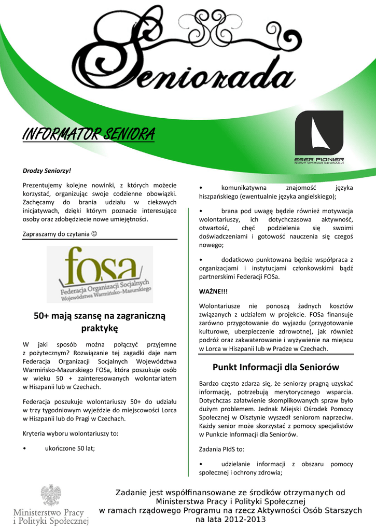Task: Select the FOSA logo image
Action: [x=100, y=274]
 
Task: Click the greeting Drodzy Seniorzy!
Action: [x=47, y=170]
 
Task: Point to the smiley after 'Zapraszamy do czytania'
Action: [x=94, y=234]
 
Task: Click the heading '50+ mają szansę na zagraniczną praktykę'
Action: [x=99, y=322]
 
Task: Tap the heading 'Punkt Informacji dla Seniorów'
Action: [x=276, y=367]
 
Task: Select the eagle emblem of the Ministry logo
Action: [x=51, y=495]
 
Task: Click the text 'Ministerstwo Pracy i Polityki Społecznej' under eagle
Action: [x=51, y=516]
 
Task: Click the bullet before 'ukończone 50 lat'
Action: [x=25, y=449]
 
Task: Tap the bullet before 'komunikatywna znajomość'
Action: [x=201, y=187]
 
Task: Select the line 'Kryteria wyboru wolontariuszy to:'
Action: [x=71, y=432]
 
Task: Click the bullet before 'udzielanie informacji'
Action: [x=201, y=464]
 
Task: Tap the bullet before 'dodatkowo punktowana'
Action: [x=201, y=259]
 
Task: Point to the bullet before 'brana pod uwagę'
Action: [x=201, y=211]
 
